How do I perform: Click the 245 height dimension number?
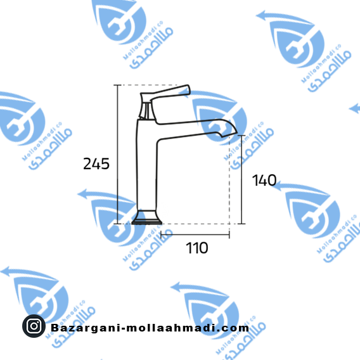[96, 164]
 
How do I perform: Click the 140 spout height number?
[264, 180]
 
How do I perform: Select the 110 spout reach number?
[197, 248]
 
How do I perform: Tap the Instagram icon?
[34, 326]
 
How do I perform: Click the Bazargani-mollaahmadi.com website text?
[150, 328]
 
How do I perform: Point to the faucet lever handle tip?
[188, 89]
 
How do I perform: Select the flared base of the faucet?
[147, 217]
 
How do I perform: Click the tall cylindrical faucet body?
[147, 165]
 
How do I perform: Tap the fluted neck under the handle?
[146, 112]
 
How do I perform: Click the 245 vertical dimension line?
[117, 154]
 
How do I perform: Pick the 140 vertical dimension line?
[241, 179]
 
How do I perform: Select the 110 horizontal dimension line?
[195, 235]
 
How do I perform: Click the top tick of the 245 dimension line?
[117, 85]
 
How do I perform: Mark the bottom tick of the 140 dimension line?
[241, 224]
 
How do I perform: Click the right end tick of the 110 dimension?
[229, 235]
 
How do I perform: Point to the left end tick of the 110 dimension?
[161, 235]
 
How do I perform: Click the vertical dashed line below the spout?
[229, 181]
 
